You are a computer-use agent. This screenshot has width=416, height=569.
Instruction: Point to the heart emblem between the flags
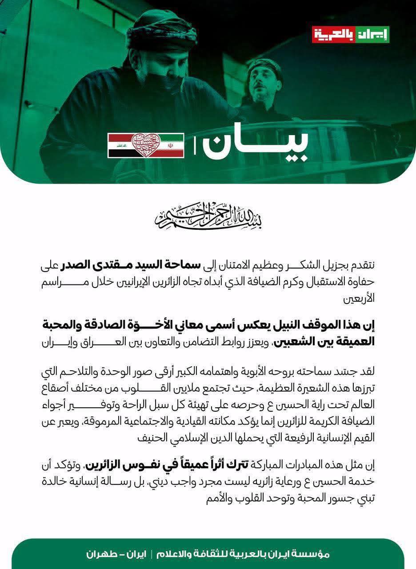click(146, 145)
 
